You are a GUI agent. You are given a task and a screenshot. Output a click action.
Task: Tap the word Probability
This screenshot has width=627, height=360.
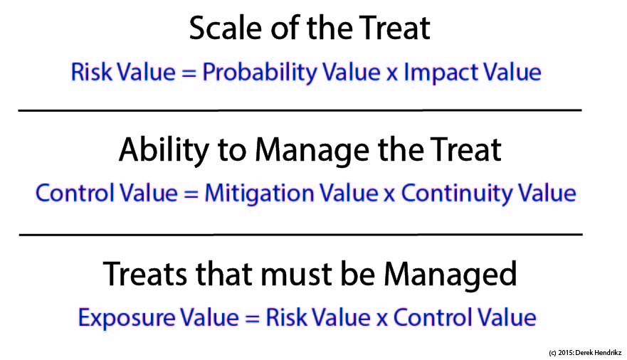[x=259, y=73]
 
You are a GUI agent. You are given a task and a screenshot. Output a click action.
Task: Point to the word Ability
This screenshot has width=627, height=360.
[x=164, y=151]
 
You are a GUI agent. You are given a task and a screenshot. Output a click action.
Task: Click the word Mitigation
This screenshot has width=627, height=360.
[x=259, y=194]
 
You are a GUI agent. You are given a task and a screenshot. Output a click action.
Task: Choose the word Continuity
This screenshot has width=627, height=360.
[x=457, y=194]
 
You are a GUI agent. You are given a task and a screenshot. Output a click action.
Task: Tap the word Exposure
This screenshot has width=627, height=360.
[x=127, y=318]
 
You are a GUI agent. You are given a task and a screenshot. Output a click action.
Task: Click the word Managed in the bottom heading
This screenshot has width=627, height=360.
[x=451, y=275]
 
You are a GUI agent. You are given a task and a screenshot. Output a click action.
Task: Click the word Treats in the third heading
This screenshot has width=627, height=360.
[x=144, y=274]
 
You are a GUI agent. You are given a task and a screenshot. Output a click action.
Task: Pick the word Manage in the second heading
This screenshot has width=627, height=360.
[x=312, y=151]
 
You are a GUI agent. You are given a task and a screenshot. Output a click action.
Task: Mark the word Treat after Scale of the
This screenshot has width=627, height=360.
[x=394, y=28]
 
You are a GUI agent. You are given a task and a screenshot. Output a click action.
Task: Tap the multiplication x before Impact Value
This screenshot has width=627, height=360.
[x=392, y=74]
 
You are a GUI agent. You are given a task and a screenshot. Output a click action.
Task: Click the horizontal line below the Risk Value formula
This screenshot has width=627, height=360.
[x=300, y=110]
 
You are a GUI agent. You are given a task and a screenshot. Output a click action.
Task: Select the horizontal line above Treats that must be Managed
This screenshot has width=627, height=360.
[x=301, y=235]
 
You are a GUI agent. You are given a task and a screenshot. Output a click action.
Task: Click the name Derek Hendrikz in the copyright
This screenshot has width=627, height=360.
[x=599, y=353]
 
